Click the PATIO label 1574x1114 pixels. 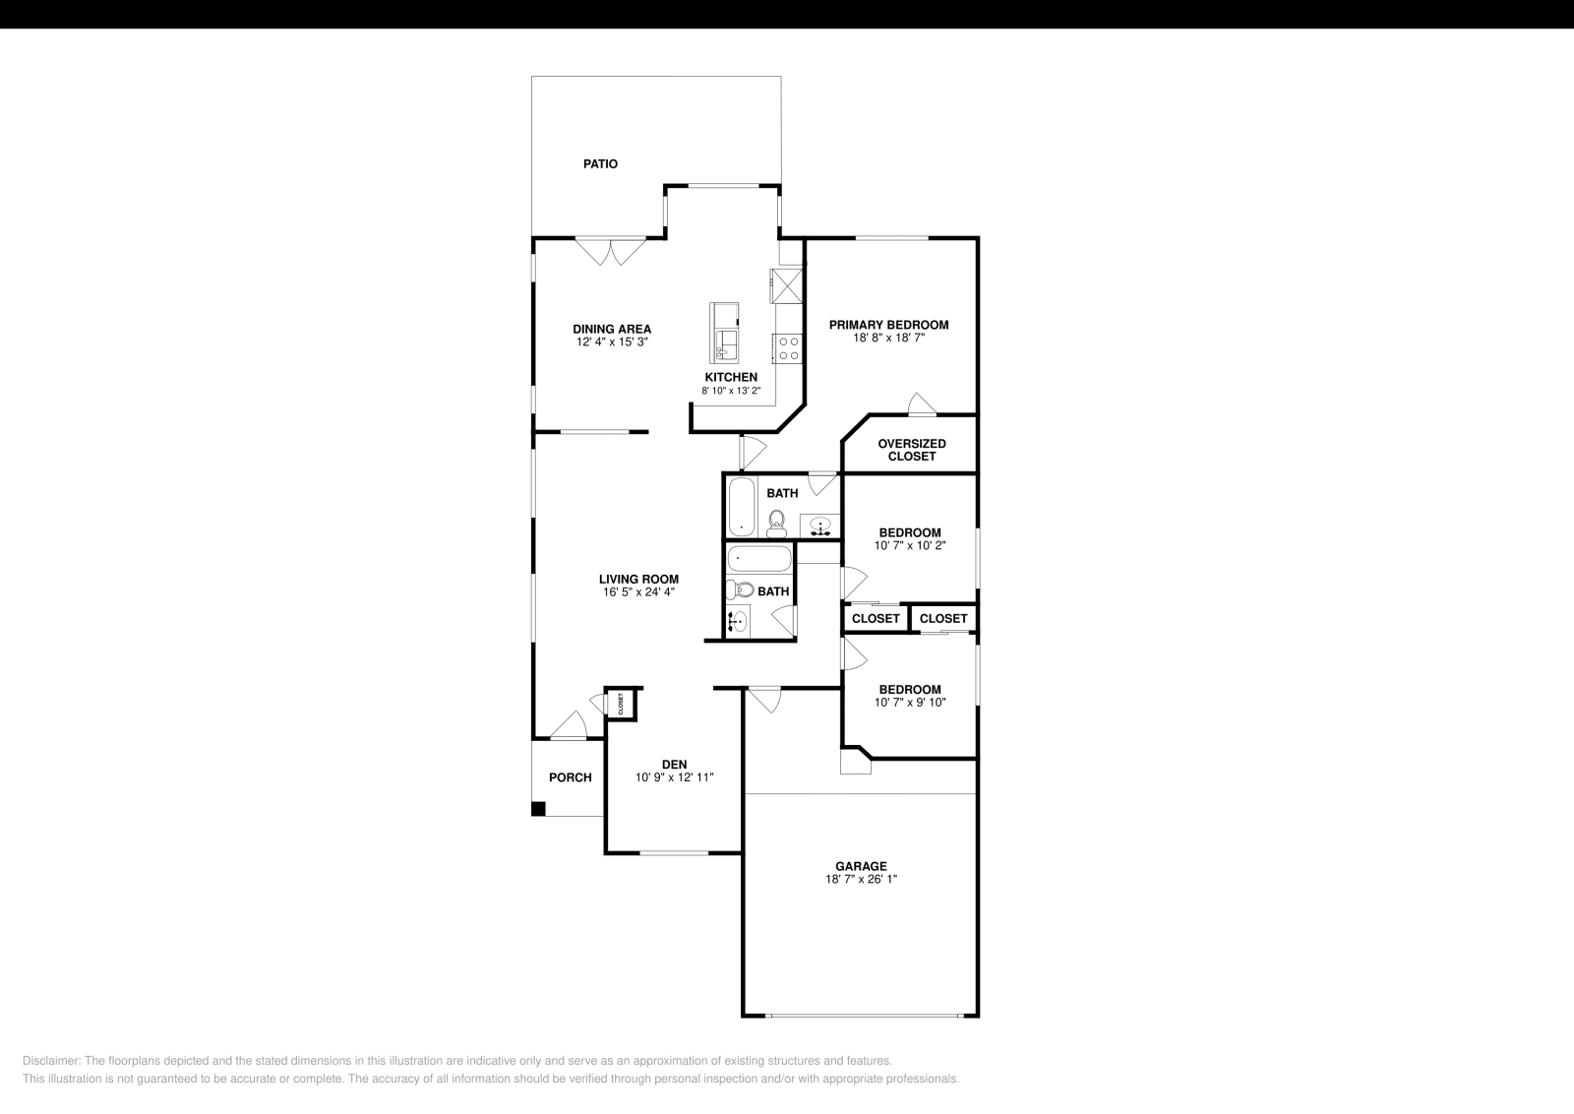tap(600, 164)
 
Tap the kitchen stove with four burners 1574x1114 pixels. tap(789, 348)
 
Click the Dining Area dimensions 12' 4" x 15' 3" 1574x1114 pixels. tap(612, 342)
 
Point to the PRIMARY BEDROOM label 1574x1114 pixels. tap(888, 325)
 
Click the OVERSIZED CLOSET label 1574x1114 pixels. tap(912, 450)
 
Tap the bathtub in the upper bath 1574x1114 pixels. tap(741, 506)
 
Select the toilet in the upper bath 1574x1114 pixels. tap(777, 523)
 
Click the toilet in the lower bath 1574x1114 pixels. tap(740, 590)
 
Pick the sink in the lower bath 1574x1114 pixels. tap(737, 621)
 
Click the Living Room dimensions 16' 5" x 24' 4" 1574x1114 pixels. tap(638, 592)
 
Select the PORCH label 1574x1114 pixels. tap(571, 777)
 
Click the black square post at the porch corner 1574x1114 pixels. tap(538, 809)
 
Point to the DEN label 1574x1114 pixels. tap(674, 764)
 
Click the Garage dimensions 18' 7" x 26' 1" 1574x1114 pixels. tap(861, 880)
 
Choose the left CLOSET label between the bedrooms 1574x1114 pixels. tap(876, 618)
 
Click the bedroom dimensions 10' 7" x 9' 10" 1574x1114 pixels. tap(910, 703)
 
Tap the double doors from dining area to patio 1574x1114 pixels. tap(609, 251)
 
